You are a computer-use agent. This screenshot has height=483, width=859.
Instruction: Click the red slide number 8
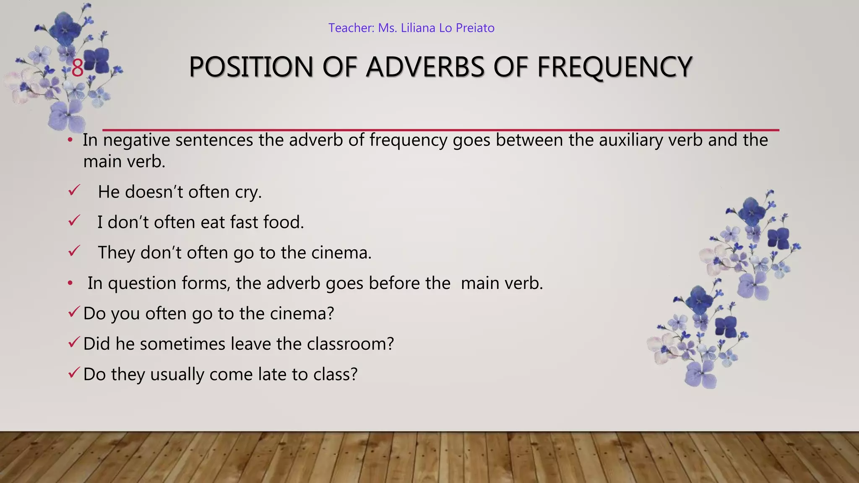[x=78, y=68]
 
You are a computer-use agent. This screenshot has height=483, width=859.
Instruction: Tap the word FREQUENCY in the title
[x=614, y=67]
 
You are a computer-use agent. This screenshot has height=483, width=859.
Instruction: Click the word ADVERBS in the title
[x=425, y=67]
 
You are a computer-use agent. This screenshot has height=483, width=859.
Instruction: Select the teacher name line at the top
[x=411, y=28]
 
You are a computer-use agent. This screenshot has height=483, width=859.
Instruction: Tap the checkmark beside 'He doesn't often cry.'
[x=74, y=191]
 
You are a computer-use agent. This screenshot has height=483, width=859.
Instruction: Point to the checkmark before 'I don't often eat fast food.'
[x=74, y=221]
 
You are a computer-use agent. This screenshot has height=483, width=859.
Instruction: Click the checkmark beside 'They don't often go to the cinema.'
[x=74, y=252]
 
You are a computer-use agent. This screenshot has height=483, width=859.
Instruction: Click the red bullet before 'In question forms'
[x=70, y=283]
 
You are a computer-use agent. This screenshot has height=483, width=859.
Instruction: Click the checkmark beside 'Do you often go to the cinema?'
[x=74, y=312]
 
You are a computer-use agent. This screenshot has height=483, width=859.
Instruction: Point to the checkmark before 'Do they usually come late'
[x=74, y=373]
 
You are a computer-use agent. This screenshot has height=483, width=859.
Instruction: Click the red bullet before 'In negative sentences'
[x=70, y=140]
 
